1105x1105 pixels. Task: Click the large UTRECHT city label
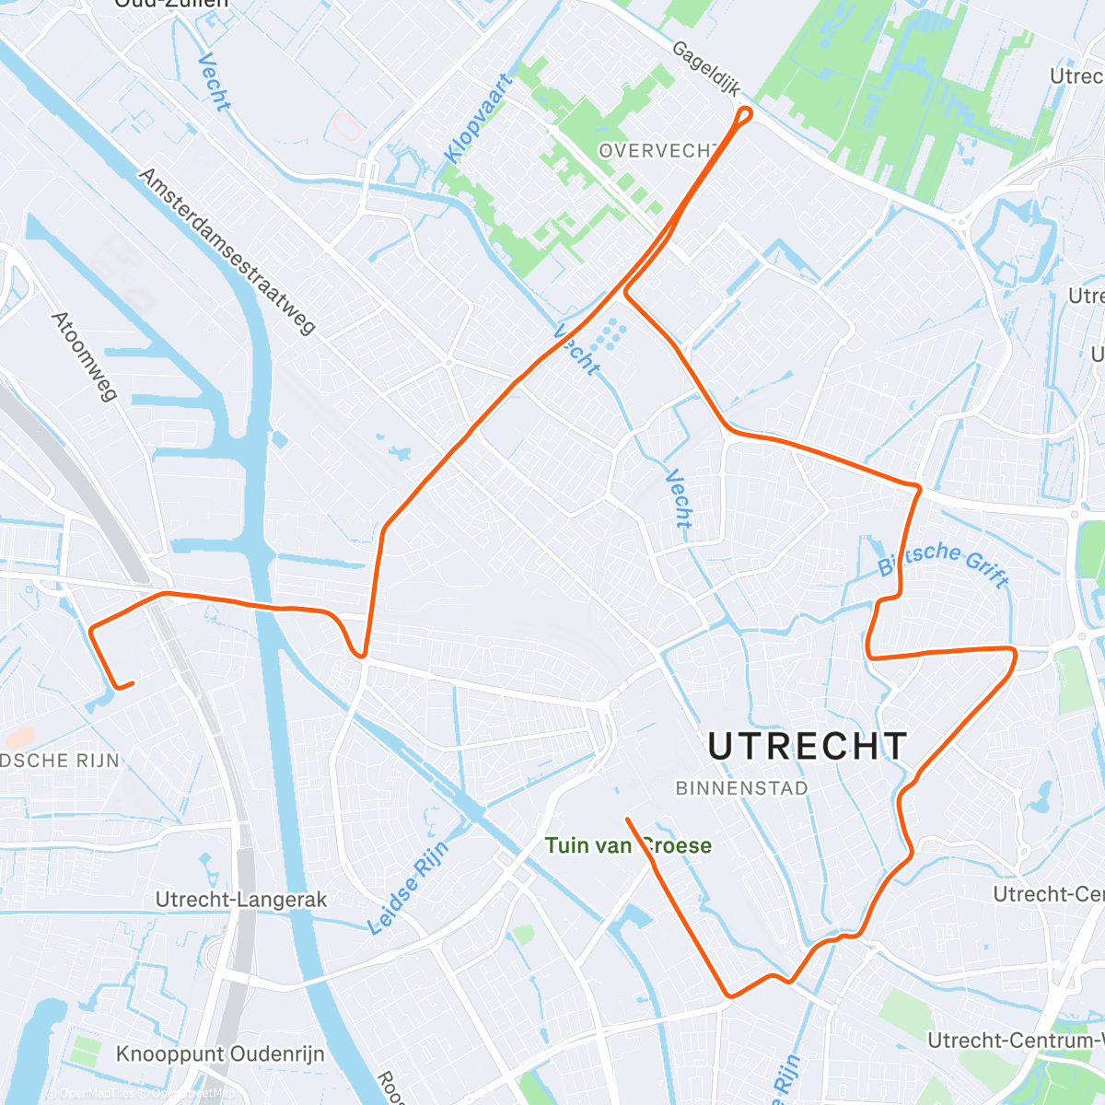click(x=808, y=747)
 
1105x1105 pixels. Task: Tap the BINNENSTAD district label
click(x=741, y=788)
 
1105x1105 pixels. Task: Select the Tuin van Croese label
click(x=628, y=845)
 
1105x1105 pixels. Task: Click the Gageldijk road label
click(x=706, y=69)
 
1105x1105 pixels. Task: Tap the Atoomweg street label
click(x=85, y=356)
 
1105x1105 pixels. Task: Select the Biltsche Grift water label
click(x=943, y=562)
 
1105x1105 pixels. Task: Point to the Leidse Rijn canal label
click(x=409, y=888)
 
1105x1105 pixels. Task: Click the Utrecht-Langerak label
click(x=241, y=900)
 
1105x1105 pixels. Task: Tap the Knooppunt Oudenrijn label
click(x=220, y=1053)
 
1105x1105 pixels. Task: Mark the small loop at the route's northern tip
click(x=744, y=114)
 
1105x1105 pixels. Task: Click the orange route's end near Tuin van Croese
click(x=627, y=819)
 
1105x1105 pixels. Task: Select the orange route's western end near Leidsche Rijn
click(x=132, y=683)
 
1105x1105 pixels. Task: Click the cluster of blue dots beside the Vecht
click(x=609, y=335)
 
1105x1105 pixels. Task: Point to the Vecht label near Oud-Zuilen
click(x=214, y=83)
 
